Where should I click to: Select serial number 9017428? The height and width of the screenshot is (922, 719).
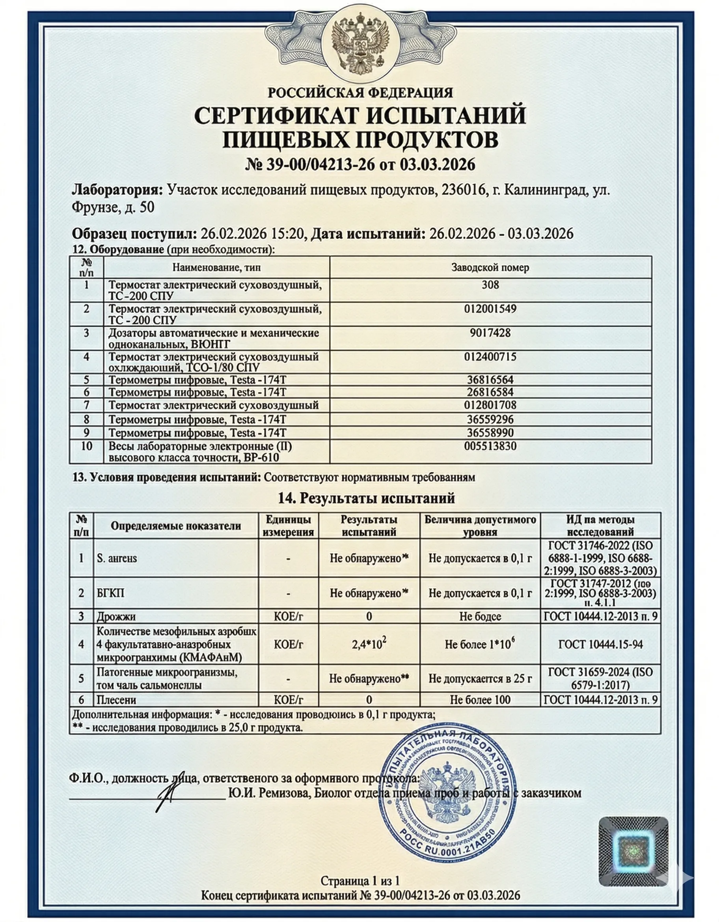[490, 333]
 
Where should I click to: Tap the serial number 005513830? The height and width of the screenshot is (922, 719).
[490, 446]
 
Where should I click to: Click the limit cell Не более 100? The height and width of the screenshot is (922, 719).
[480, 700]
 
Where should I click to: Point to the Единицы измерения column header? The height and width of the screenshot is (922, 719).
[289, 526]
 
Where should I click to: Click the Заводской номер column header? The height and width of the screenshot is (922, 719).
[490, 267]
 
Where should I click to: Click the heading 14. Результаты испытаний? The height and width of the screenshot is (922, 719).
[366, 498]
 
